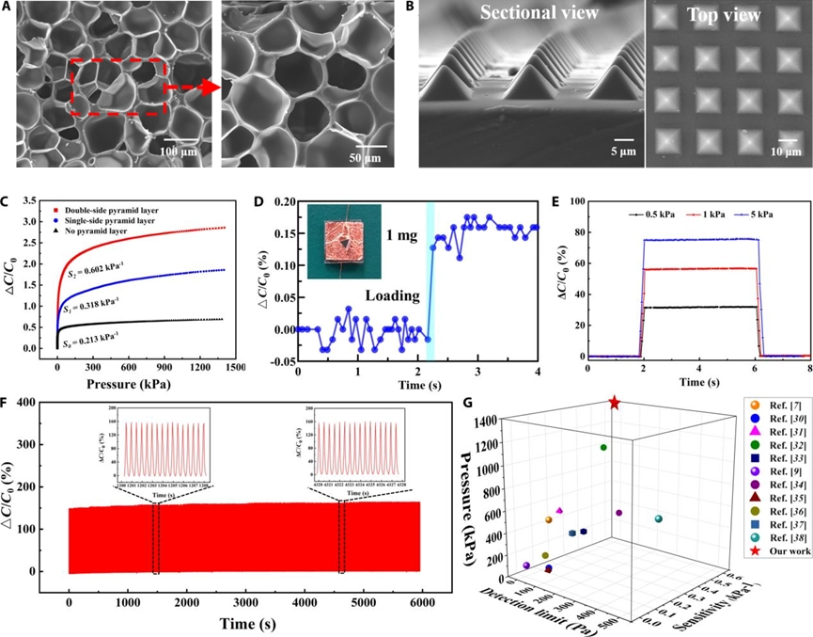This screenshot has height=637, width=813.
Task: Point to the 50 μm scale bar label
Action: click(x=373, y=152)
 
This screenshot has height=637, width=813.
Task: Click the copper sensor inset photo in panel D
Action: click(x=345, y=236)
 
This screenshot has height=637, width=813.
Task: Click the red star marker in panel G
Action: click(x=614, y=403)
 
